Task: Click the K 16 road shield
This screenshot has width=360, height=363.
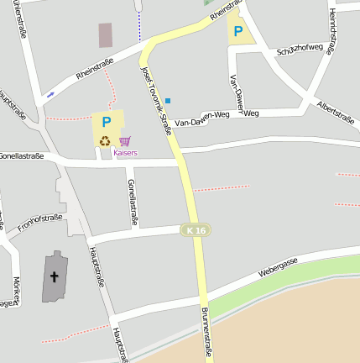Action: (x=196, y=229)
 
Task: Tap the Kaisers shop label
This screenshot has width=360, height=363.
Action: (x=125, y=153)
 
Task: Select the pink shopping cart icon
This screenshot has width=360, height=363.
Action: (x=125, y=141)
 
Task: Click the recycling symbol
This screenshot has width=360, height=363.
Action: (x=105, y=141)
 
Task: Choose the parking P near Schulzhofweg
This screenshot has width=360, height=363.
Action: (x=238, y=32)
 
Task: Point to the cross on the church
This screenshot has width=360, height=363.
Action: (x=55, y=276)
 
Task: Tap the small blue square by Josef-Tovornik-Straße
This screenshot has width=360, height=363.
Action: (x=168, y=101)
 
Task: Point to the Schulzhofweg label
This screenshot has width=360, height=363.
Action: (x=300, y=50)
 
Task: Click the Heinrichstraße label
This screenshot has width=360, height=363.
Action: (x=331, y=32)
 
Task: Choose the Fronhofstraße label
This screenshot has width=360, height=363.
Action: (x=40, y=222)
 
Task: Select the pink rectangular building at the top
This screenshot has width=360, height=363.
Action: (x=105, y=35)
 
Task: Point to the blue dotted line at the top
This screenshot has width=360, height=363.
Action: (x=139, y=25)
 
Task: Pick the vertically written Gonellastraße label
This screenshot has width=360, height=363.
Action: (x=132, y=203)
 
